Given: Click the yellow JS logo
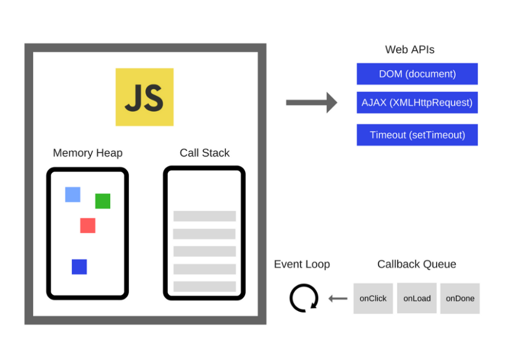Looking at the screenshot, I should tap(144, 97).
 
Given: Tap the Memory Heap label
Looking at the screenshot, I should tap(88, 153).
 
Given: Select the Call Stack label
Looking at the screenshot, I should tap(204, 153).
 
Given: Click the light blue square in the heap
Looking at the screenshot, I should tap(72, 194).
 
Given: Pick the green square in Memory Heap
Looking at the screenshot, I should tap(103, 201).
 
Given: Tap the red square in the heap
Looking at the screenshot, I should tap(88, 225).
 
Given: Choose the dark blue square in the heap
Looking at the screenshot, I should tap(79, 267).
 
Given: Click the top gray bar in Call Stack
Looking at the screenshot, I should tap(204, 216).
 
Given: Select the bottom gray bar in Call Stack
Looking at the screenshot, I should tap(204, 287).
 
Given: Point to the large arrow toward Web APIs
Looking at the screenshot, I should tap(311, 102).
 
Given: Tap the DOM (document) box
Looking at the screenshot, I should tap(417, 74).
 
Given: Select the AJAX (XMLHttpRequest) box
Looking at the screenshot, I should tap(417, 103).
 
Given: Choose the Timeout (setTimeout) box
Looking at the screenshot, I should tap(417, 135).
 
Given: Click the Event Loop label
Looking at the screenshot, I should tap(302, 264).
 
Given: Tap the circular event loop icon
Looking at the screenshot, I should tap(304, 298).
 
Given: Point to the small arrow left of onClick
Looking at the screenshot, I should tap(338, 298).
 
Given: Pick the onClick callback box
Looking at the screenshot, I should tap(373, 298).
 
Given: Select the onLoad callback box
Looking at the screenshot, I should tap(417, 298).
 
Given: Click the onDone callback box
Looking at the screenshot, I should tap(460, 298).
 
